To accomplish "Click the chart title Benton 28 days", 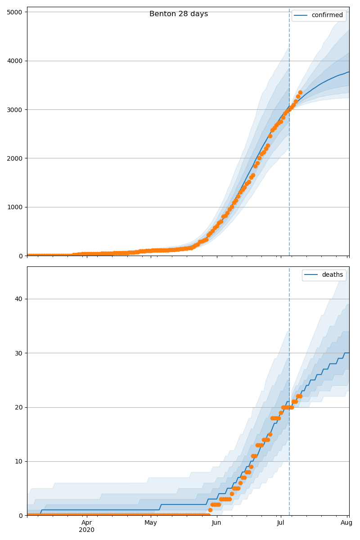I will click(179, 14).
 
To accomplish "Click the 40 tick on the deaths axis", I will click(18, 299).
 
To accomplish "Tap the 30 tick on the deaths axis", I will click(18, 353).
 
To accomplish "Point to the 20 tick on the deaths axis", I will click(18, 407).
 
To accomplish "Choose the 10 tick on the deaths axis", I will click(18, 461).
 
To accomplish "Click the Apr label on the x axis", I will click(87, 522).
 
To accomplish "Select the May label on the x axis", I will click(151, 522).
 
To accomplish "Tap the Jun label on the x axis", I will click(216, 522).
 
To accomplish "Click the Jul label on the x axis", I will click(281, 522).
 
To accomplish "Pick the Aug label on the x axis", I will click(346, 522).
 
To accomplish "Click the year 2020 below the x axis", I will click(87, 530).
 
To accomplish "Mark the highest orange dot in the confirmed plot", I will click(300, 93).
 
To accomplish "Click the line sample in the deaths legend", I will click(311, 275).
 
